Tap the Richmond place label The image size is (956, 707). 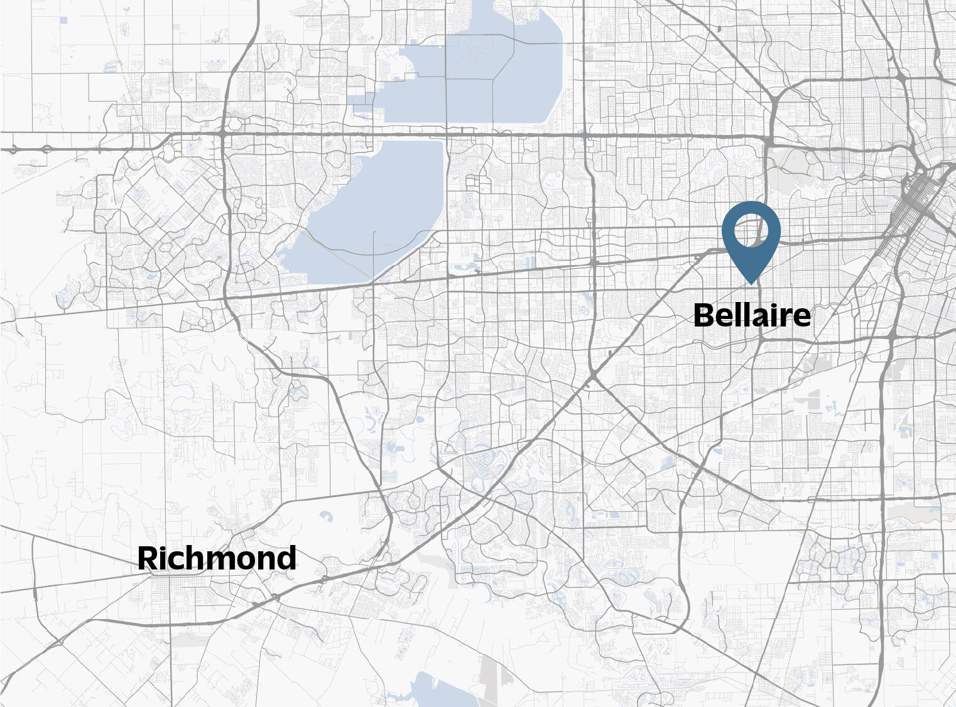pos(217,558)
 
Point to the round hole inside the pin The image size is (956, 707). pos(751,230)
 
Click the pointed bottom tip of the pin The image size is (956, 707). pos(751,283)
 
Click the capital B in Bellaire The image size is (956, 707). pos(705,315)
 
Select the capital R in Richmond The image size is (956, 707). pos(147,558)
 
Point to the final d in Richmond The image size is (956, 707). pos(286,558)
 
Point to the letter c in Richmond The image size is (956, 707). pos(173,561)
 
